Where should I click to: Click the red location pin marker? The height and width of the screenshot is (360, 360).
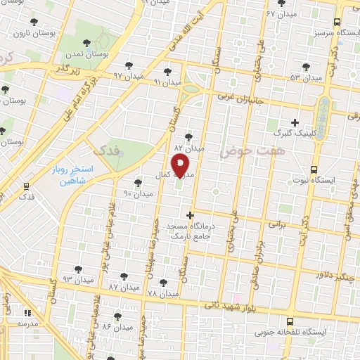[x=181, y=166]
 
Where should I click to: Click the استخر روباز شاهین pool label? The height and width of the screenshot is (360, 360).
[x=68, y=174]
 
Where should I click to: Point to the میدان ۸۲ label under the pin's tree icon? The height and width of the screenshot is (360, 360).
[x=189, y=148]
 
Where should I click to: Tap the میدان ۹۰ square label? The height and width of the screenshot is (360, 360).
[x=139, y=193]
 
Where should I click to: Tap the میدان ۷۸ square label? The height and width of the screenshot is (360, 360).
[x=163, y=293]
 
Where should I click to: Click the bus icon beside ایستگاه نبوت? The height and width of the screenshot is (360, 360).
[x=314, y=169]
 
